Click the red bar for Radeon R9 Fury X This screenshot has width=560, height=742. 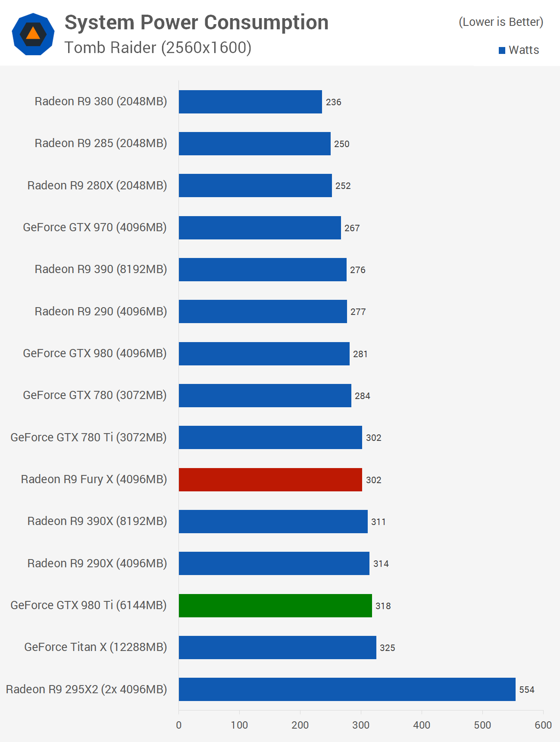[270, 479]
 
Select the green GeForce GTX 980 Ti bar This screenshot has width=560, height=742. [275, 605]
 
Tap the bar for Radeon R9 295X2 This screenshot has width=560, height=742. [347, 689]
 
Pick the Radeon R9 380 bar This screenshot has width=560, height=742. [250, 102]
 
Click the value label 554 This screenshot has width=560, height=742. [526, 689]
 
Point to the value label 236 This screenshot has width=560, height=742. [333, 102]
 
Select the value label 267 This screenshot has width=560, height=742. [352, 228]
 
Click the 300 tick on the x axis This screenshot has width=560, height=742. [361, 725]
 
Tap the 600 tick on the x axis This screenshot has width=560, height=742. [543, 725]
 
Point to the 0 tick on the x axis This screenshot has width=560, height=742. [179, 725]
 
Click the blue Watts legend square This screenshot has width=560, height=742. [502, 50]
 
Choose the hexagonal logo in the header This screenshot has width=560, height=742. [33, 34]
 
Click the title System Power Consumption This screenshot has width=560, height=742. [197, 22]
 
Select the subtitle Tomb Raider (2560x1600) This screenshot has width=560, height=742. [158, 47]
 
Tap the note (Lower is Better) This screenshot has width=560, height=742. [501, 22]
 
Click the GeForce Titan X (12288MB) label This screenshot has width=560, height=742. [95, 647]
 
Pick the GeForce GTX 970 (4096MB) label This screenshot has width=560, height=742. [95, 227]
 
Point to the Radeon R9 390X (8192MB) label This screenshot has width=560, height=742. [97, 521]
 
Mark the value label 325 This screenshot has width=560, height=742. [387, 648]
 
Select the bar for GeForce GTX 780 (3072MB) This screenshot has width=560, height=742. [265, 395]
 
